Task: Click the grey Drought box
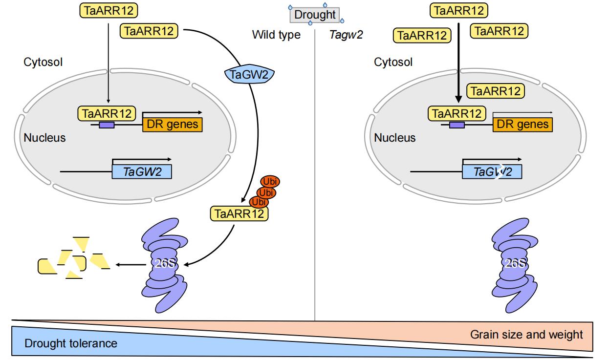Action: (316, 14)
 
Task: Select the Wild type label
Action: (276, 35)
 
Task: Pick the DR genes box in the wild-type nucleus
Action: (172, 125)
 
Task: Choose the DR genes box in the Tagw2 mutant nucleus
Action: (522, 125)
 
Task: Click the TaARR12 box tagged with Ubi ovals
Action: (239, 213)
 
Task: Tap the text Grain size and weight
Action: (526, 335)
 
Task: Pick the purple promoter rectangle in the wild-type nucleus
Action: (107, 125)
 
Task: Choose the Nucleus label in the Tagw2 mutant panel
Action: (395, 138)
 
